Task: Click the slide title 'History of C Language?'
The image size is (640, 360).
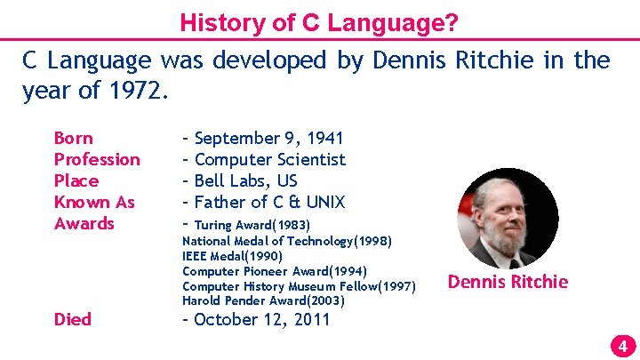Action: coord(319,22)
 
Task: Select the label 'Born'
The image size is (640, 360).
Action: coord(73,138)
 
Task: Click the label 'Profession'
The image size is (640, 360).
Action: coord(97,159)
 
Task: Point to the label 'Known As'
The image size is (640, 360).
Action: coord(94,202)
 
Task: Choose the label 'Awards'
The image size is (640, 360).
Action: coord(84,223)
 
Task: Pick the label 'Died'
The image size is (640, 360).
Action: coord(73,319)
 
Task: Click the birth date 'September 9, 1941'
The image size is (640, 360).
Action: coord(268,138)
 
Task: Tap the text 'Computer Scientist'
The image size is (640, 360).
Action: coord(269,159)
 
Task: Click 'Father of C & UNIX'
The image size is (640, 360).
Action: coord(269,202)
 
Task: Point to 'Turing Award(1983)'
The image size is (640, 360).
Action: coord(252,225)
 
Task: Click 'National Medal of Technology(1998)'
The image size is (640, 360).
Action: coord(286,241)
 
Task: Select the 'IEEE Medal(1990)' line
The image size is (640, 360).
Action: coord(232,256)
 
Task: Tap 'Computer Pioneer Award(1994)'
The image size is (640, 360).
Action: coord(274,271)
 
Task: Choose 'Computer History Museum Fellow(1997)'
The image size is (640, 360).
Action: coord(299,286)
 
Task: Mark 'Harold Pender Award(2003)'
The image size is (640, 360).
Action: coord(263,301)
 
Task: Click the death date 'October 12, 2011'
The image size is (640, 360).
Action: coord(261,319)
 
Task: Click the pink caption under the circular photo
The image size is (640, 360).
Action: coord(508,282)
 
